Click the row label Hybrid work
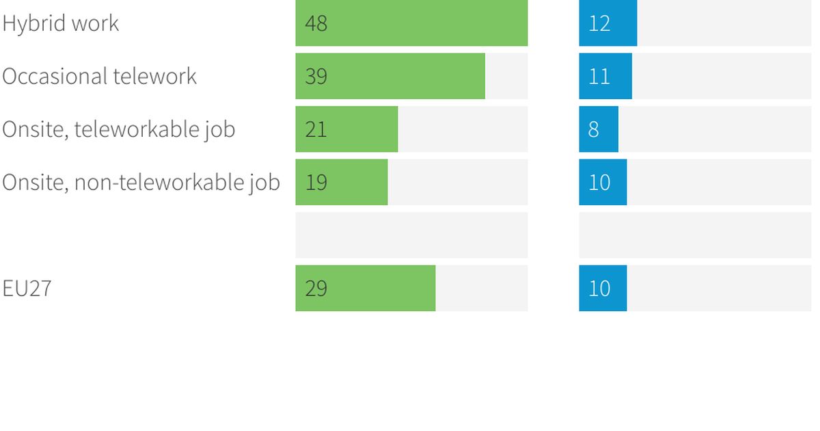pos(61,23)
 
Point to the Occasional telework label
pos(100,76)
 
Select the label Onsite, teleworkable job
pos(119,129)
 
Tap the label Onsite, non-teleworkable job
pos(141,182)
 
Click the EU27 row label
pos(27,288)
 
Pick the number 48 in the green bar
pos(316,23)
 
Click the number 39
pos(316,76)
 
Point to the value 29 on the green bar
pos(316,288)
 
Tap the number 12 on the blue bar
pos(599,23)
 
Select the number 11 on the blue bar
pos(599,76)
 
